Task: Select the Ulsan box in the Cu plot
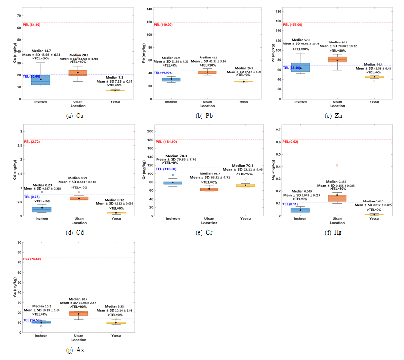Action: click(x=78, y=73)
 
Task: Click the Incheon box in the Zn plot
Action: click(x=300, y=68)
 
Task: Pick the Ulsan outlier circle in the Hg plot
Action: click(x=337, y=165)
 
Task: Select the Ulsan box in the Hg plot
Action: click(x=337, y=198)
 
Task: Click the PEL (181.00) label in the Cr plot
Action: click(x=165, y=142)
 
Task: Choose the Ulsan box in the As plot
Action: click(x=78, y=313)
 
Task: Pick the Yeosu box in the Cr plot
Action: click(x=245, y=185)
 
